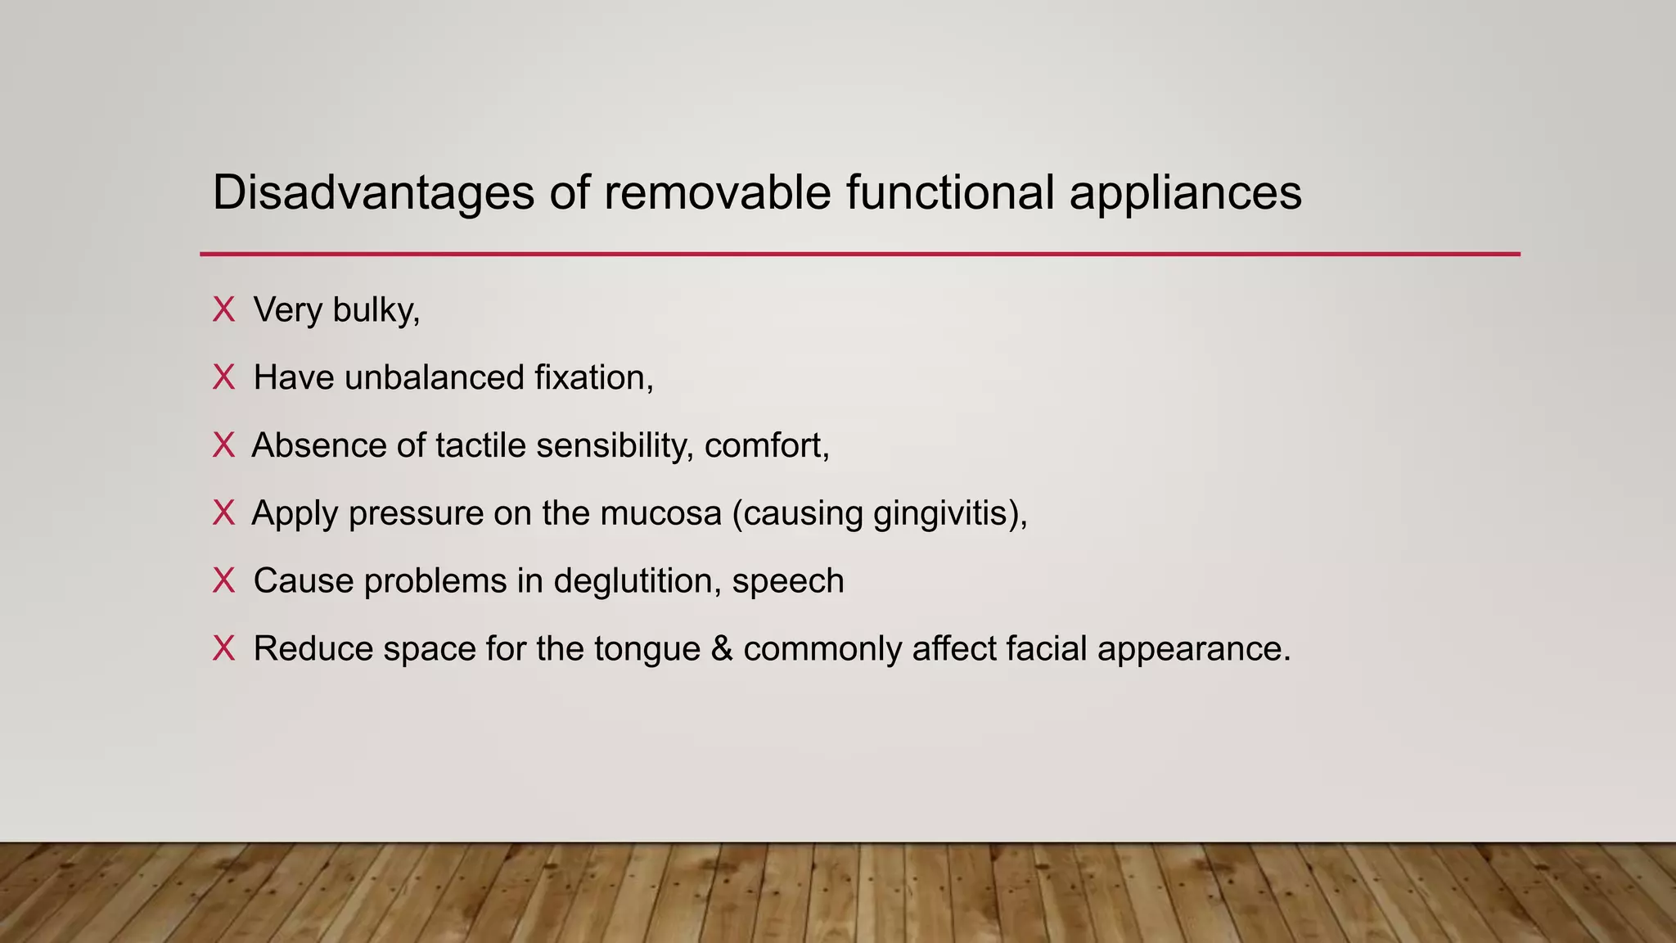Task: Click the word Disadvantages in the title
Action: pyautogui.click(x=373, y=193)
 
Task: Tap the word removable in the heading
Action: pyautogui.click(x=717, y=193)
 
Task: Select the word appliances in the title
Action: pyautogui.click(x=1185, y=193)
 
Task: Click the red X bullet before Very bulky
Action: pyautogui.click(x=223, y=310)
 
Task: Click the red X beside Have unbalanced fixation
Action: pyautogui.click(x=223, y=378)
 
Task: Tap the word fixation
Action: pyautogui.click(x=593, y=378)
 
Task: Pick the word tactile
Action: pyautogui.click(x=480, y=446)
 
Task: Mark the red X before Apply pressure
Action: pyautogui.click(x=223, y=513)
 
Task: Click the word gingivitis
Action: pyautogui.click(x=949, y=514)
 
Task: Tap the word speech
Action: pyautogui.click(x=788, y=582)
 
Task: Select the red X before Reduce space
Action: pyautogui.click(x=223, y=649)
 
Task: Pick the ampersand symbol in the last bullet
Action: pyautogui.click(x=722, y=649)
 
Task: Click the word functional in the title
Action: pyautogui.click(x=950, y=193)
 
